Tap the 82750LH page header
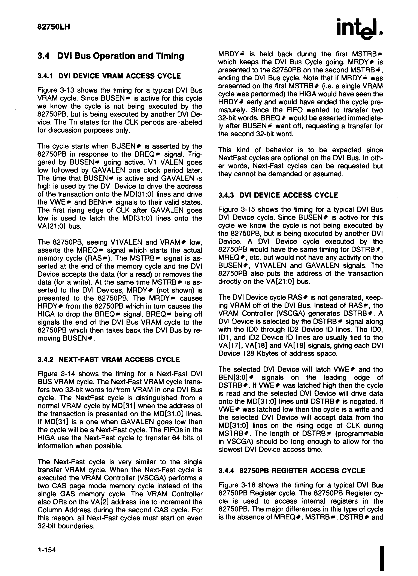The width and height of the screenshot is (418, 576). [x=54, y=27]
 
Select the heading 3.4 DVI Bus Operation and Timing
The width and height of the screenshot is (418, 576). [x=111, y=56]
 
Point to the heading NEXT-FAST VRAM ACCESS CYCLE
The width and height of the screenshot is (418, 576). [x=119, y=359]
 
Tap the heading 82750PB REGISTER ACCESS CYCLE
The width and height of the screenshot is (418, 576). [x=302, y=471]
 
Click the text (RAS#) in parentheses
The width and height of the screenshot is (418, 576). [x=110, y=258]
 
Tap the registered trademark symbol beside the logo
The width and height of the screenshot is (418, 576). [x=381, y=33]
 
